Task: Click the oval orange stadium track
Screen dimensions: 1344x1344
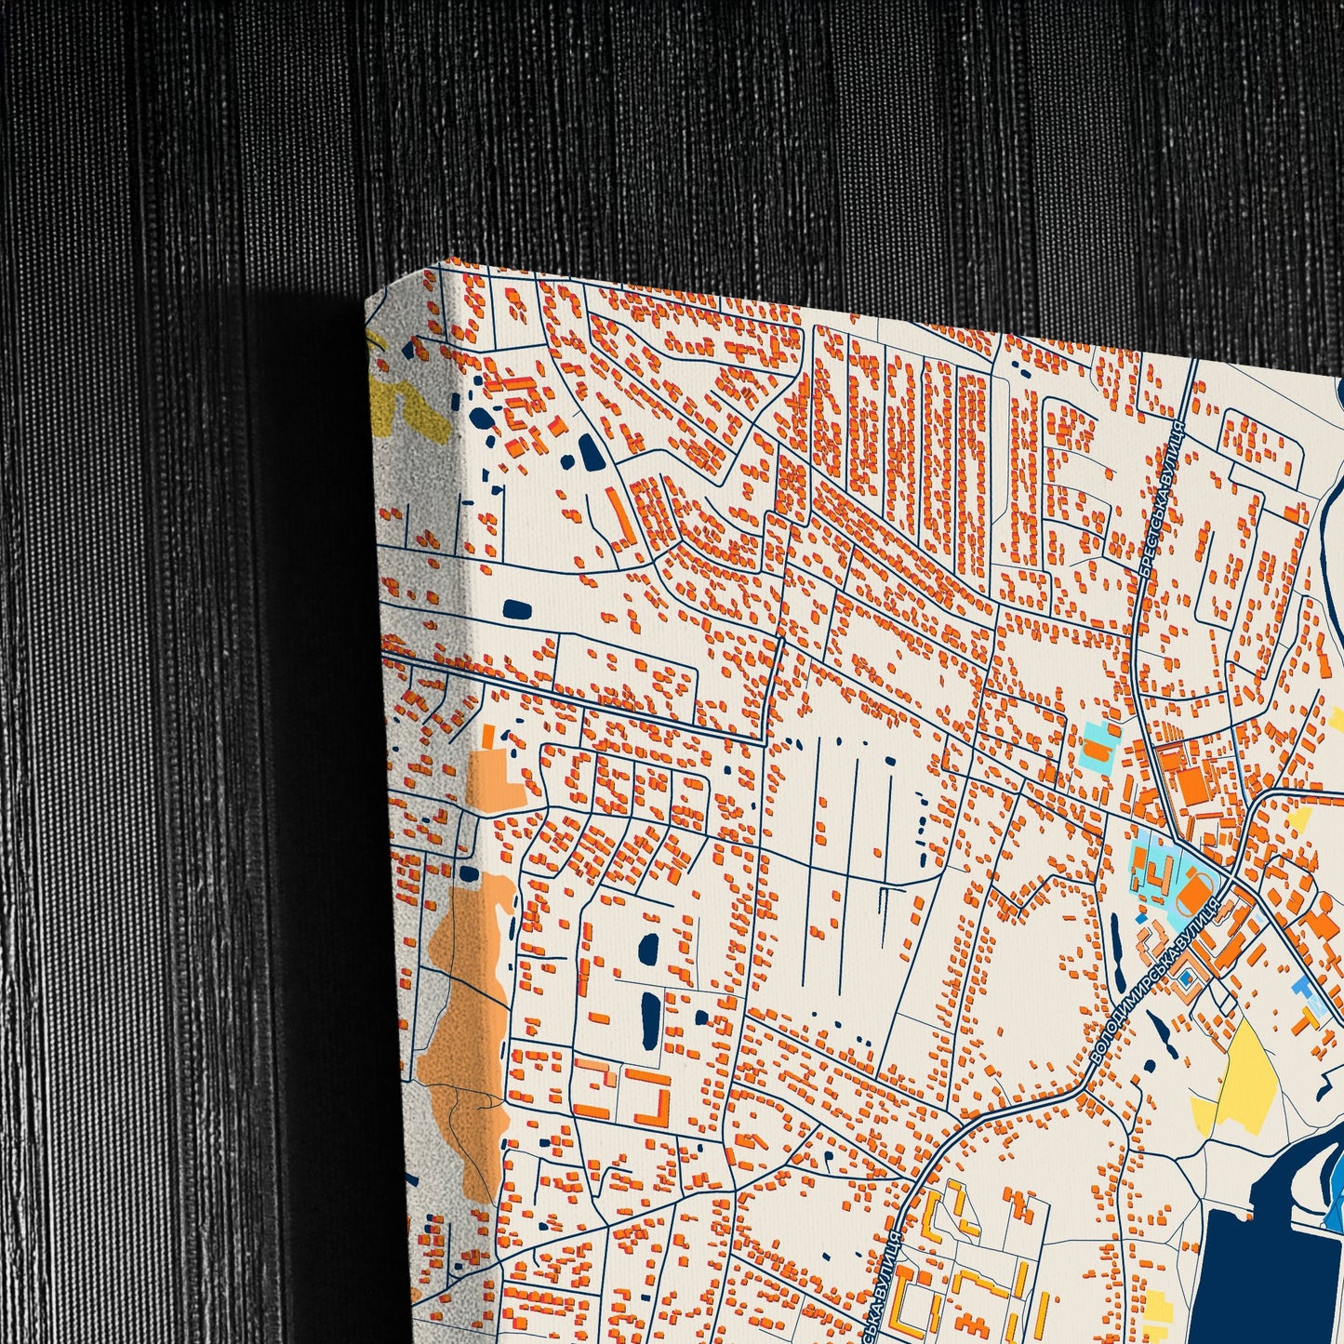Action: click(1193, 898)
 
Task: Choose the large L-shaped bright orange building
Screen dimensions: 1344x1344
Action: click(657, 1098)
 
